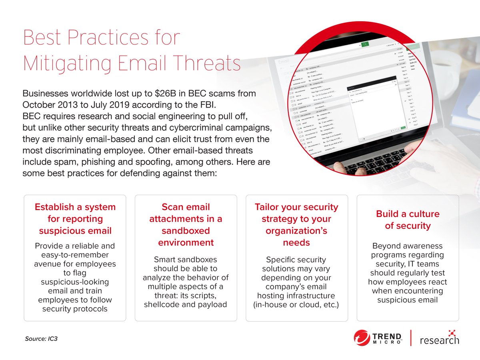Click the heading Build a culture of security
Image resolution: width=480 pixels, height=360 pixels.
point(408,220)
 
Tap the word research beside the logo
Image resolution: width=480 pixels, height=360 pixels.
point(439,340)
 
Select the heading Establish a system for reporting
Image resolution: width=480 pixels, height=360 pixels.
point(75,219)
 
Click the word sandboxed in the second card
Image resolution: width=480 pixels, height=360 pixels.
point(186,231)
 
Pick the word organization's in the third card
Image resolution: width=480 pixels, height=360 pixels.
point(296,231)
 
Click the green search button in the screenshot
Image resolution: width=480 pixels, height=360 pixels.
point(365,44)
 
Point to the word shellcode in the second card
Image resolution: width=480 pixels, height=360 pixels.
point(162,304)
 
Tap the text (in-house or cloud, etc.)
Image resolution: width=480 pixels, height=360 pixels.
point(296,304)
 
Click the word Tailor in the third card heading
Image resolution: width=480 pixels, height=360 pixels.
point(268,207)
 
